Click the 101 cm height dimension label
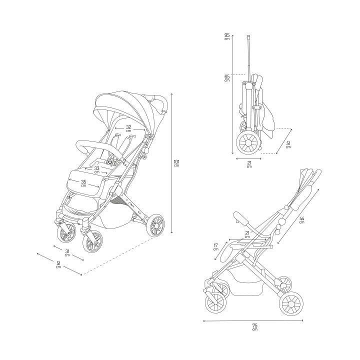[x=176, y=163]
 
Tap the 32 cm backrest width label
[x=128, y=128]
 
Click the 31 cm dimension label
[x=67, y=252]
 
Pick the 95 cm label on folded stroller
[x=227, y=37]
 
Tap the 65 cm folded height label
[x=227, y=78]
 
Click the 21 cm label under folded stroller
[x=249, y=164]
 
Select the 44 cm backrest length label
[x=302, y=220]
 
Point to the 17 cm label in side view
[x=215, y=247]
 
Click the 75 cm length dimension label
[x=255, y=327]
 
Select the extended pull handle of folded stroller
[x=248, y=55]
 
